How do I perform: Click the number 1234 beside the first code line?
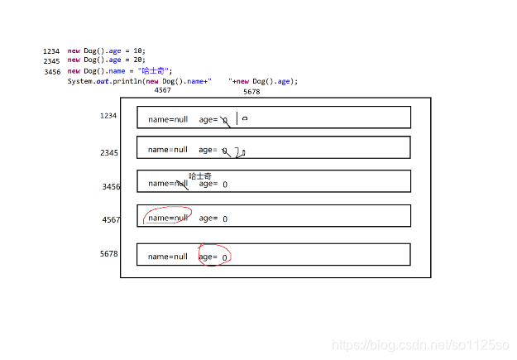51,50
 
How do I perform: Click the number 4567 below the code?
162,91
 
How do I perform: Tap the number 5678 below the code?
251,92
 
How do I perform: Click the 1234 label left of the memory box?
108,116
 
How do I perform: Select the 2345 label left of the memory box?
108,152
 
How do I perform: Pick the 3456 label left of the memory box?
111,186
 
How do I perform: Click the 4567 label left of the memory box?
111,219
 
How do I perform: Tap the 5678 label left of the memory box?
108,253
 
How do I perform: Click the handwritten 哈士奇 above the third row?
200,175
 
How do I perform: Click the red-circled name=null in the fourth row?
168,218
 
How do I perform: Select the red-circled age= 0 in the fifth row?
213,257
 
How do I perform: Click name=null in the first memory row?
168,119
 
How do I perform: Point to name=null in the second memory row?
168,150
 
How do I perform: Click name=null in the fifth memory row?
168,257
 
